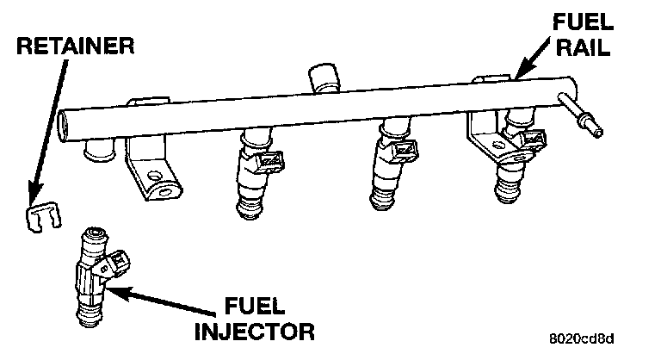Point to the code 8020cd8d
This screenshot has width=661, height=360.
(x=586, y=340)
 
